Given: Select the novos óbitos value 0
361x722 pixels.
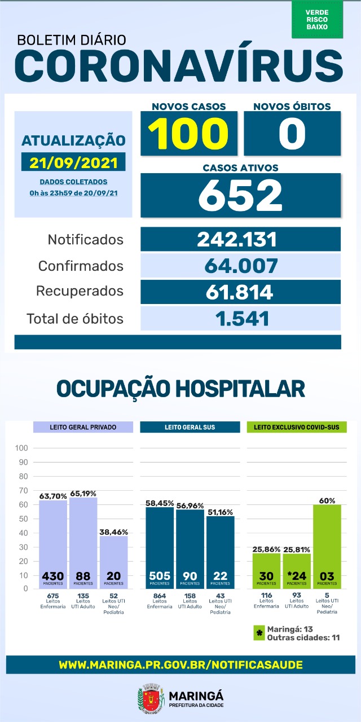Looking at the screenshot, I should click(x=292, y=134).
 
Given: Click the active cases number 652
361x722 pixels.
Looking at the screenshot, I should click(x=240, y=195).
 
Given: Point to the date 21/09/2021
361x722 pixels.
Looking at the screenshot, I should click(x=74, y=162).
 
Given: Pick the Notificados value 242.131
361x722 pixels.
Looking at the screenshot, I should click(x=240, y=239).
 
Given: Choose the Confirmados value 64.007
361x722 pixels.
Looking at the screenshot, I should click(x=240, y=265).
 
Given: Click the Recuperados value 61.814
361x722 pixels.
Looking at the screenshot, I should click(x=240, y=292).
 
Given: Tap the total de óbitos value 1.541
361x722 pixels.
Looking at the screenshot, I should click(x=240, y=318).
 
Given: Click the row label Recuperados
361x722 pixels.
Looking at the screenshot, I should click(x=80, y=292).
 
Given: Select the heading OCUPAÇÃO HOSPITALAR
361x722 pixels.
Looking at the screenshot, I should click(x=180, y=389).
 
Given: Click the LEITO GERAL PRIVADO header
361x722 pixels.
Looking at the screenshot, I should click(x=83, y=427).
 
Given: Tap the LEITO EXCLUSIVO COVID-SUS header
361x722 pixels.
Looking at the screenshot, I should click(x=296, y=427).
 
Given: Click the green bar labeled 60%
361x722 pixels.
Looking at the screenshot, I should click(x=327, y=547).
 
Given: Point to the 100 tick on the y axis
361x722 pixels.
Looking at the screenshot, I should click(x=22, y=448).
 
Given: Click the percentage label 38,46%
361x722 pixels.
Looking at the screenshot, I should click(x=113, y=531).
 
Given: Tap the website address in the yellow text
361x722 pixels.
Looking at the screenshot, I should click(x=180, y=665).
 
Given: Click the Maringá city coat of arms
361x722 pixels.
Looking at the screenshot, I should click(x=148, y=699).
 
